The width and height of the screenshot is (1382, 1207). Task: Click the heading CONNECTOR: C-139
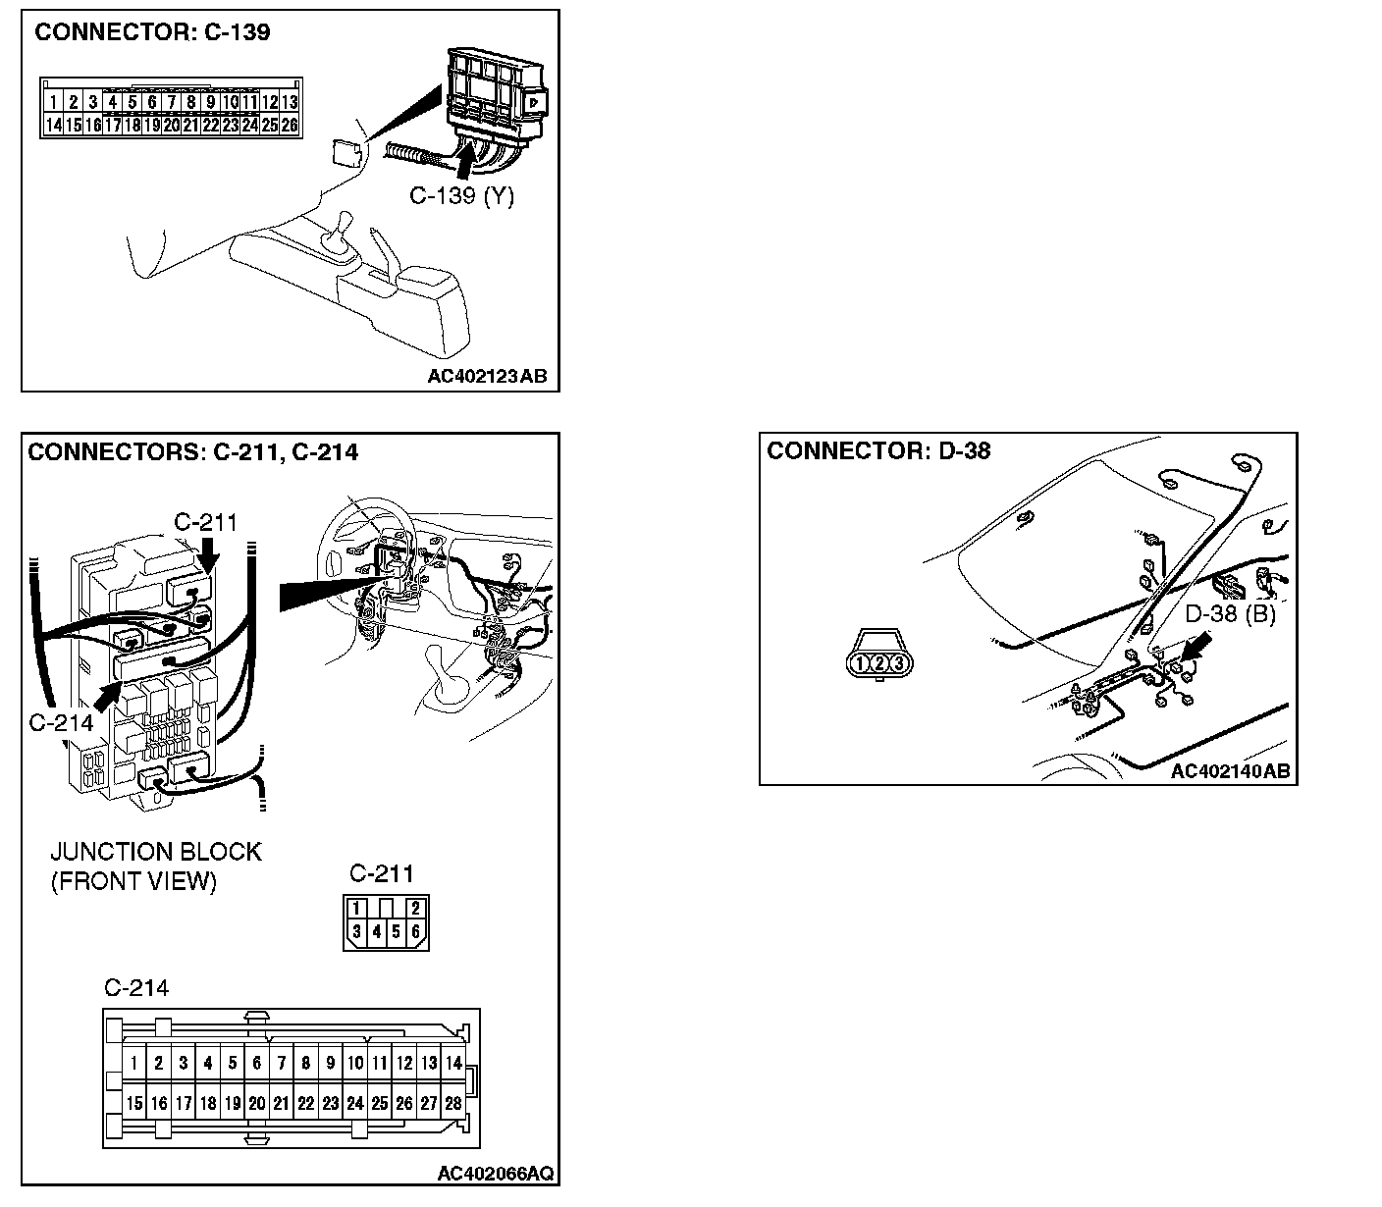click(152, 32)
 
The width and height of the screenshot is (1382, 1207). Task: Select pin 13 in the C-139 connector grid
click(290, 102)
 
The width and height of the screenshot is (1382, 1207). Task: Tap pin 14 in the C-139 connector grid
click(53, 125)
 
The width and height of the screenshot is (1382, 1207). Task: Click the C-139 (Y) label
click(461, 196)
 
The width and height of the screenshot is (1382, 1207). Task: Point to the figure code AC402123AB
click(487, 376)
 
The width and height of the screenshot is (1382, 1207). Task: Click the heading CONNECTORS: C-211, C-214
click(193, 452)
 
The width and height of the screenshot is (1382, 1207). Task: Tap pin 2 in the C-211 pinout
click(416, 909)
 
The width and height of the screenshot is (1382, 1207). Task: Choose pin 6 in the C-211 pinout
click(416, 931)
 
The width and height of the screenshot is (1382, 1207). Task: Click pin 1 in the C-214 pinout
click(133, 1063)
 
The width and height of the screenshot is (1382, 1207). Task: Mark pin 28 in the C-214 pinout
click(452, 1104)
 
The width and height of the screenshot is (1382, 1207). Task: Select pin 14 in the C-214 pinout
click(452, 1063)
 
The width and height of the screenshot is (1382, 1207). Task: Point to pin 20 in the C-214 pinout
click(256, 1104)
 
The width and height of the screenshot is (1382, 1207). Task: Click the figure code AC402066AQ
click(495, 1174)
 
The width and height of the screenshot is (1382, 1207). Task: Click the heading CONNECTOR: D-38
click(878, 451)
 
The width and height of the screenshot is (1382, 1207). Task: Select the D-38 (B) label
click(1230, 615)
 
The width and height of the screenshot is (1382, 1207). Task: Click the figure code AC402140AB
click(1230, 771)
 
